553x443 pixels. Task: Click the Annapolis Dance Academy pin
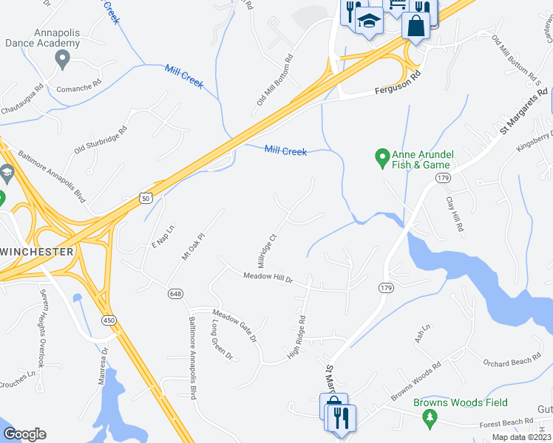coord(62,59)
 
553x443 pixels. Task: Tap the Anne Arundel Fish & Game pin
coord(382,157)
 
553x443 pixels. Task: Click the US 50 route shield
coord(145,198)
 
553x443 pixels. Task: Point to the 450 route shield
coord(109,319)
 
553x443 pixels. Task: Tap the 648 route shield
coord(174,294)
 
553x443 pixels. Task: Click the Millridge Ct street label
coord(266,251)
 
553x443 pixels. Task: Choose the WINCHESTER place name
coord(37,252)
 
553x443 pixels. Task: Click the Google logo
coord(24,434)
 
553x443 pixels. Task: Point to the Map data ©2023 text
coord(522,437)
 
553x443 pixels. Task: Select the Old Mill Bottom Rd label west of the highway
coord(275,80)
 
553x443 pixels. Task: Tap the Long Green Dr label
coord(221,340)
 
